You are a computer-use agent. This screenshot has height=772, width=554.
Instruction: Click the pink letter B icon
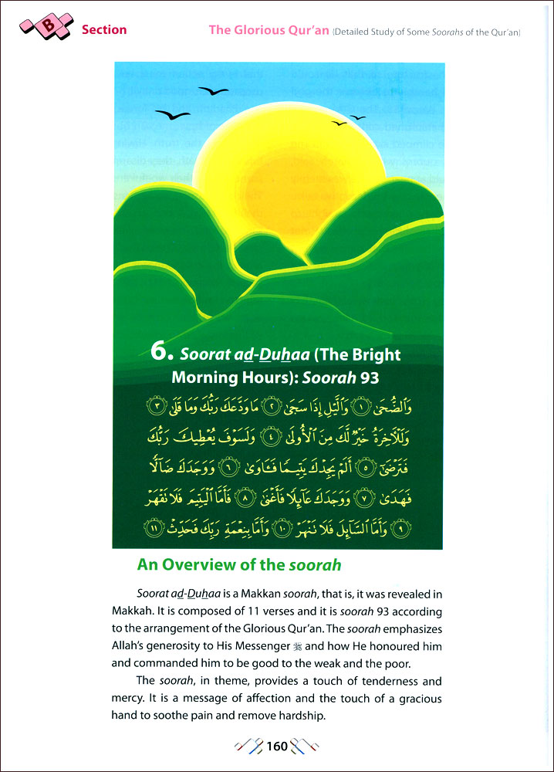click(x=49, y=27)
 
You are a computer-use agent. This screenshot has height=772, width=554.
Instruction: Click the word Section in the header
click(x=104, y=30)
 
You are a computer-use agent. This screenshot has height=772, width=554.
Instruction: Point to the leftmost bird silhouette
click(x=172, y=115)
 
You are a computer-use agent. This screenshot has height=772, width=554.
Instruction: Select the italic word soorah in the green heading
click(x=316, y=564)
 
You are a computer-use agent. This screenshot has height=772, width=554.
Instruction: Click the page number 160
click(x=277, y=746)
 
